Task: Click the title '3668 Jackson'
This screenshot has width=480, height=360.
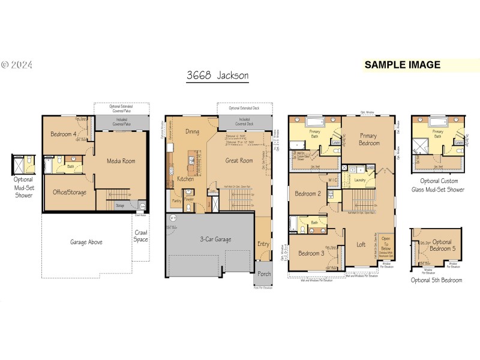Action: (x=217, y=76)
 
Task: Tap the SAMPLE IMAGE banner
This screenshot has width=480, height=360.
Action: (x=402, y=65)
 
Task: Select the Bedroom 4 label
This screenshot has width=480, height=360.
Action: (x=63, y=134)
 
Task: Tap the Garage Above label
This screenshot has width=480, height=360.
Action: (x=86, y=242)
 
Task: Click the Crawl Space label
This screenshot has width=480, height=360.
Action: (x=141, y=236)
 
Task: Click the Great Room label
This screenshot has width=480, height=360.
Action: (x=239, y=160)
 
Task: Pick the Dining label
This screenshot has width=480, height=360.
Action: (x=192, y=131)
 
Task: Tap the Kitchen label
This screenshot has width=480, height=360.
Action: (x=185, y=179)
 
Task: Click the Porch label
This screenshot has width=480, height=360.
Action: (x=264, y=274)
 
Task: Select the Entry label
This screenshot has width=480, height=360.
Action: (x=263, y=244)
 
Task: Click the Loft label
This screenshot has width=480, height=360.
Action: (x=361, y=244)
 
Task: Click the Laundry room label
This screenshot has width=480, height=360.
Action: (x=361, y=179)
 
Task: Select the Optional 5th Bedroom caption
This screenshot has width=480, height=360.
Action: (x=437, y=280)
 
